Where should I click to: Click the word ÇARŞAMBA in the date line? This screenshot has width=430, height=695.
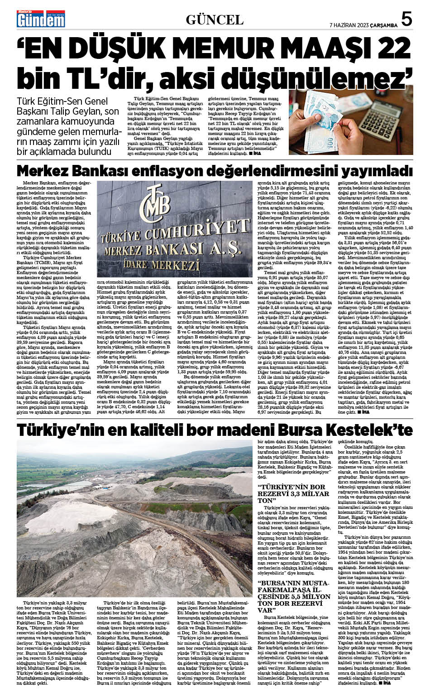(384, 25)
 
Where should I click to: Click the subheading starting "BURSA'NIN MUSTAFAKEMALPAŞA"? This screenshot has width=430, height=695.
(294, 596)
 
